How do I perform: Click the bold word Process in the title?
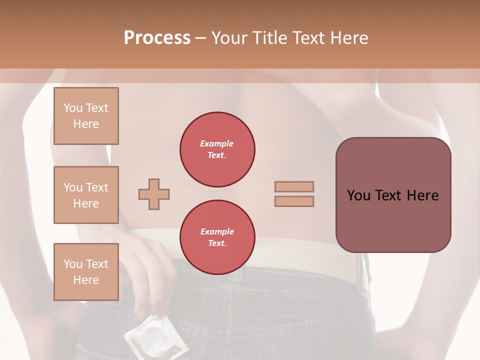157,38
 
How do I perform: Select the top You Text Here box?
86,116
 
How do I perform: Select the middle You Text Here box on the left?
86,195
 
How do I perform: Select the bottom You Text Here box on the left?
86,271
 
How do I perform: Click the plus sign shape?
154,194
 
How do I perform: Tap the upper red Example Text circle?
217,149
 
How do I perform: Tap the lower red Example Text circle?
217,237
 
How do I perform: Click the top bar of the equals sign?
294,186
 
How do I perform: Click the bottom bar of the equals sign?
294,201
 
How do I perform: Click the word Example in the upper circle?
217,143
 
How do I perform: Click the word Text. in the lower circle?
217,243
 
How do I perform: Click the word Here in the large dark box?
422,195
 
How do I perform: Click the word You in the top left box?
73,108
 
